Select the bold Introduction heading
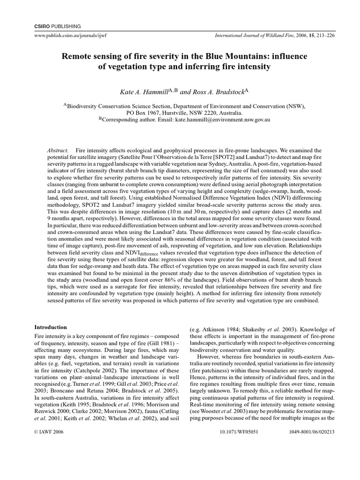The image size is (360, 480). click(51, 327)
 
